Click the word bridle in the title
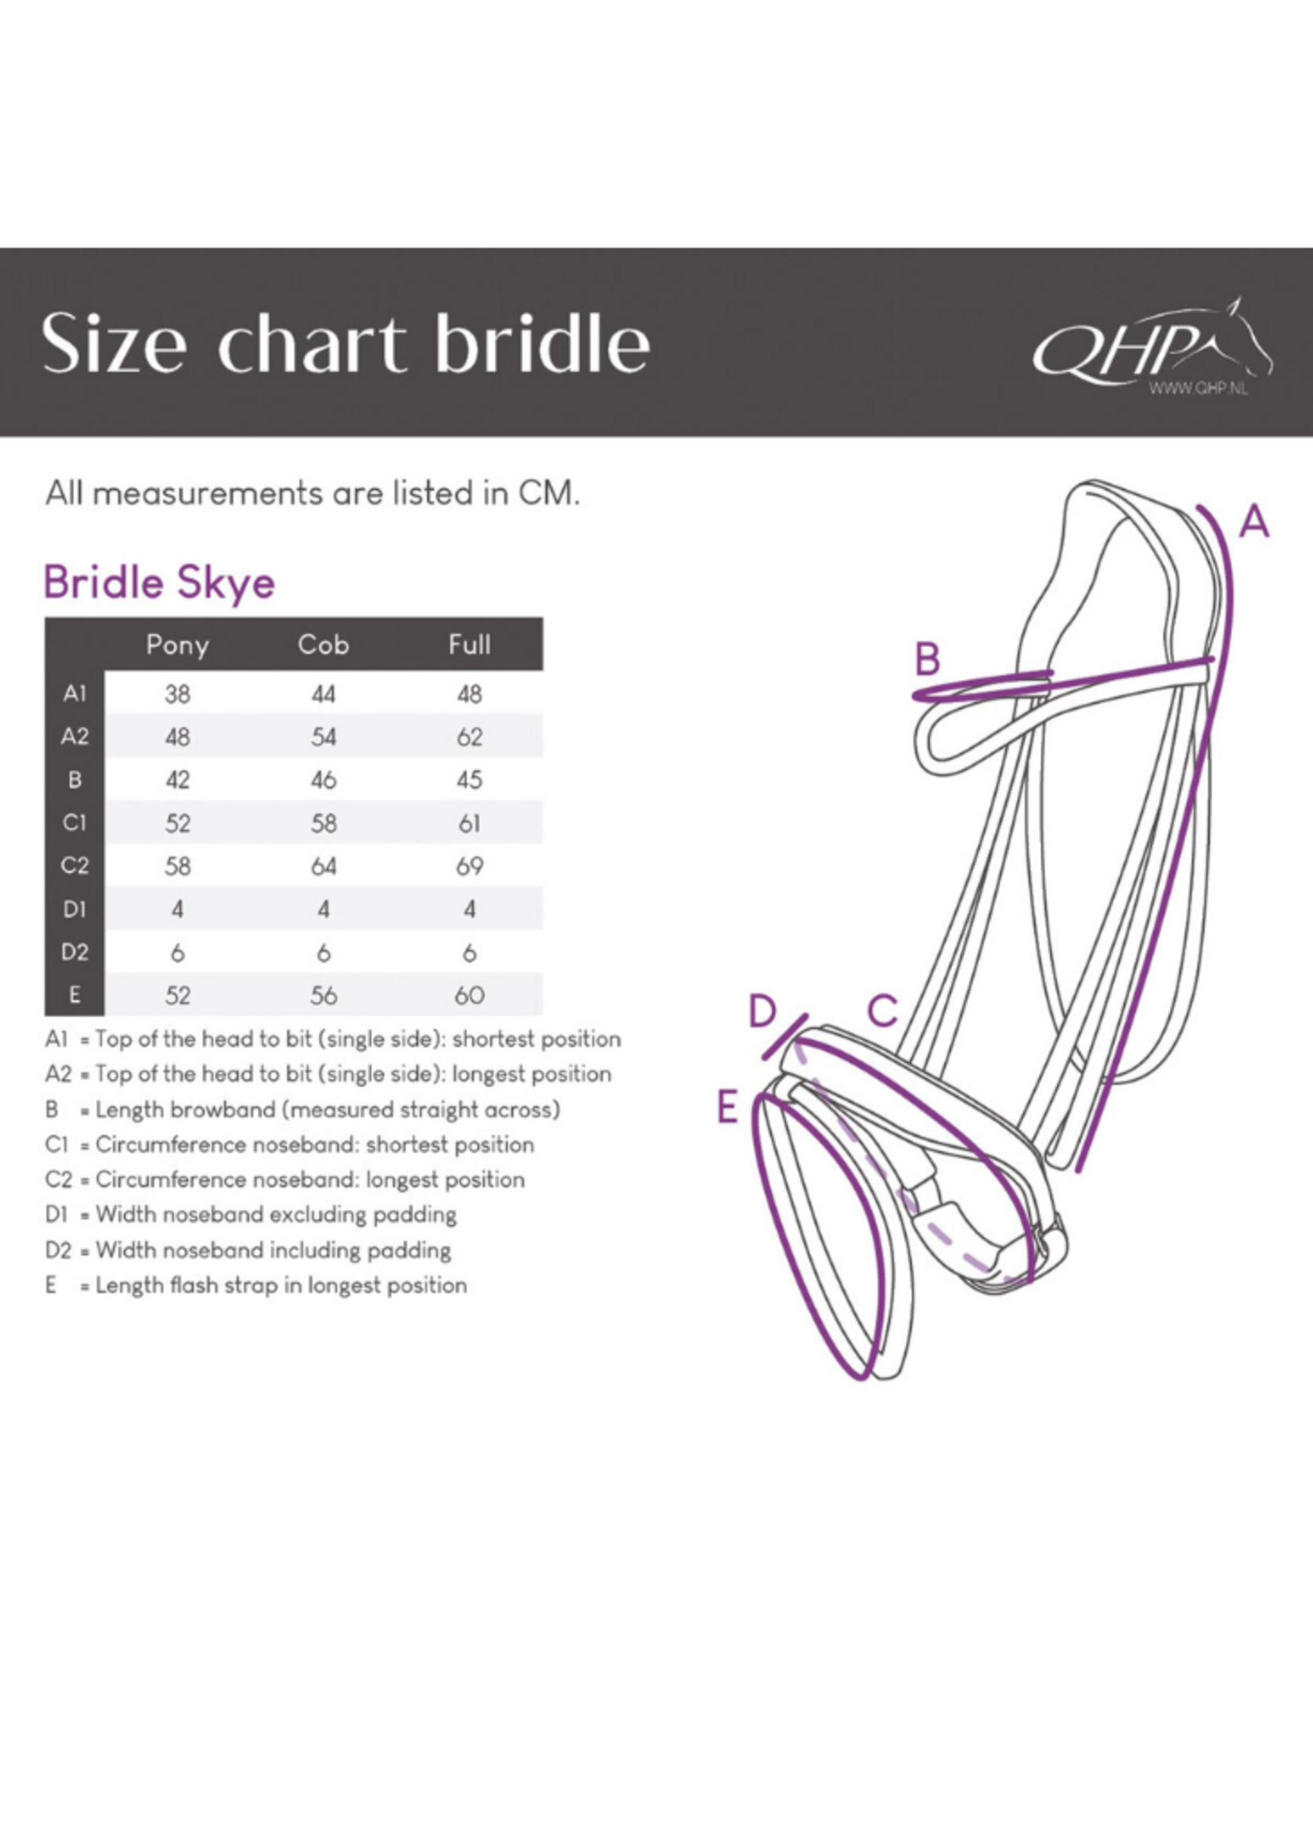pos(543,343)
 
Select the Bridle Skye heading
pos(159,583)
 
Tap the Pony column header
pos(178,645)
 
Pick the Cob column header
pos(323,645)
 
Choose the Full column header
pos(470,645)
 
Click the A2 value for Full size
pos(470,737)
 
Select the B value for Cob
pos(323,781)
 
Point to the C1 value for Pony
pos(178,823)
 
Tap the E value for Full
pos(470,995)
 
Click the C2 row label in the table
pos(75,866)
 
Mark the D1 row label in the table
pos(75,909)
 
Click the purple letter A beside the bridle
pos(1254,522)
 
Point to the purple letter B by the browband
pos(928,658)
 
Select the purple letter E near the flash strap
pos(728,1107)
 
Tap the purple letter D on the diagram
pos(762,1010)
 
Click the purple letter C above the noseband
pos(883,1010)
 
